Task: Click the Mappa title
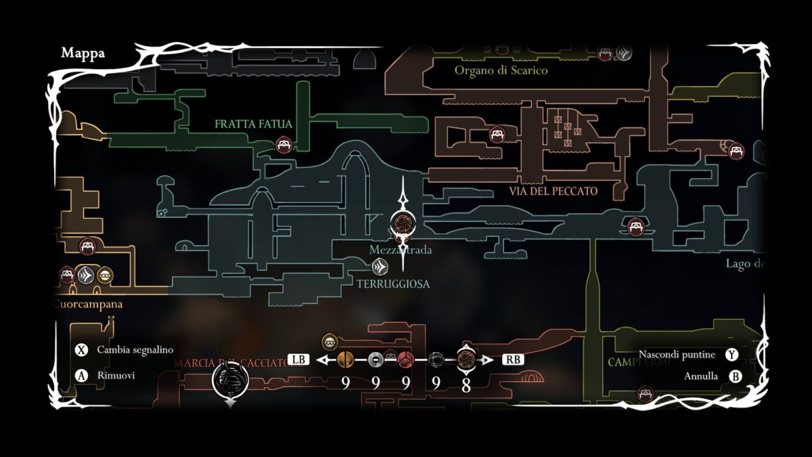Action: click(x=83, y=53)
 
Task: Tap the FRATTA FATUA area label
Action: click(x=253, y=124)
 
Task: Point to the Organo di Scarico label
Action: click(x=501, y=70)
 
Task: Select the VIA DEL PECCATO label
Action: click(x=554, y=192)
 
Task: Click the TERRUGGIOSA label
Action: click(x=393, y=284)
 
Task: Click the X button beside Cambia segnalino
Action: click(x=82, y=350)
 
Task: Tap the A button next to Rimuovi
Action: click(x=82, y=375)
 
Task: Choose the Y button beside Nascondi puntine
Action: click(x=731, y=355)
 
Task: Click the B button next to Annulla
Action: click(x=735, y=376)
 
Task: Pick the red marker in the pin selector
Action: click(x=405, y=360)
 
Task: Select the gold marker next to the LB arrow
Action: click(x=345, y=360)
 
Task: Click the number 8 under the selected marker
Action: click(x=466, y=385)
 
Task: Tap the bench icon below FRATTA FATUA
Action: click(x=284, y=144)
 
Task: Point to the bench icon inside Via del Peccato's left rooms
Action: click(x=497, y=134)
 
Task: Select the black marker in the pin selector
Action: click(x=436, y=360)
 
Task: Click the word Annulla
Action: click(x=701, y=376)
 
